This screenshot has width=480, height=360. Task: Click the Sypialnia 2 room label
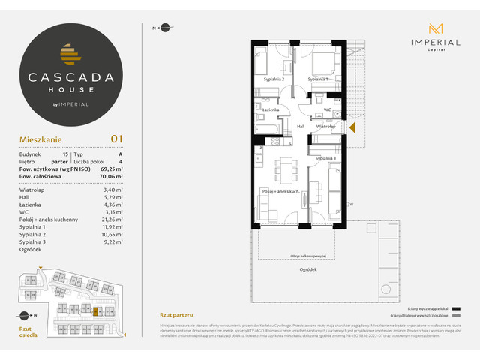pos(274,79)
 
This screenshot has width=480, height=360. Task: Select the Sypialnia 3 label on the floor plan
pos(325,159)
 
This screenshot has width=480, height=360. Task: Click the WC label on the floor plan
pos(327,110)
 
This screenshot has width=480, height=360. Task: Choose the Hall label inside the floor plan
pos(300,127)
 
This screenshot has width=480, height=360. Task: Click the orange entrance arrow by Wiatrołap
pos(351,127)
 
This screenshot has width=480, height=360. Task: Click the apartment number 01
pos(116,138)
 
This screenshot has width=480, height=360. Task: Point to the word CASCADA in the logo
pos(72,75)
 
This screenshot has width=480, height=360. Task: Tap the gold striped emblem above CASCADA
pos(72,53)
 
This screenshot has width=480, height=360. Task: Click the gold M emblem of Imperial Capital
pos(435,29)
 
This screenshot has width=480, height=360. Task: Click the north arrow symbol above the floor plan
pos(160,28)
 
